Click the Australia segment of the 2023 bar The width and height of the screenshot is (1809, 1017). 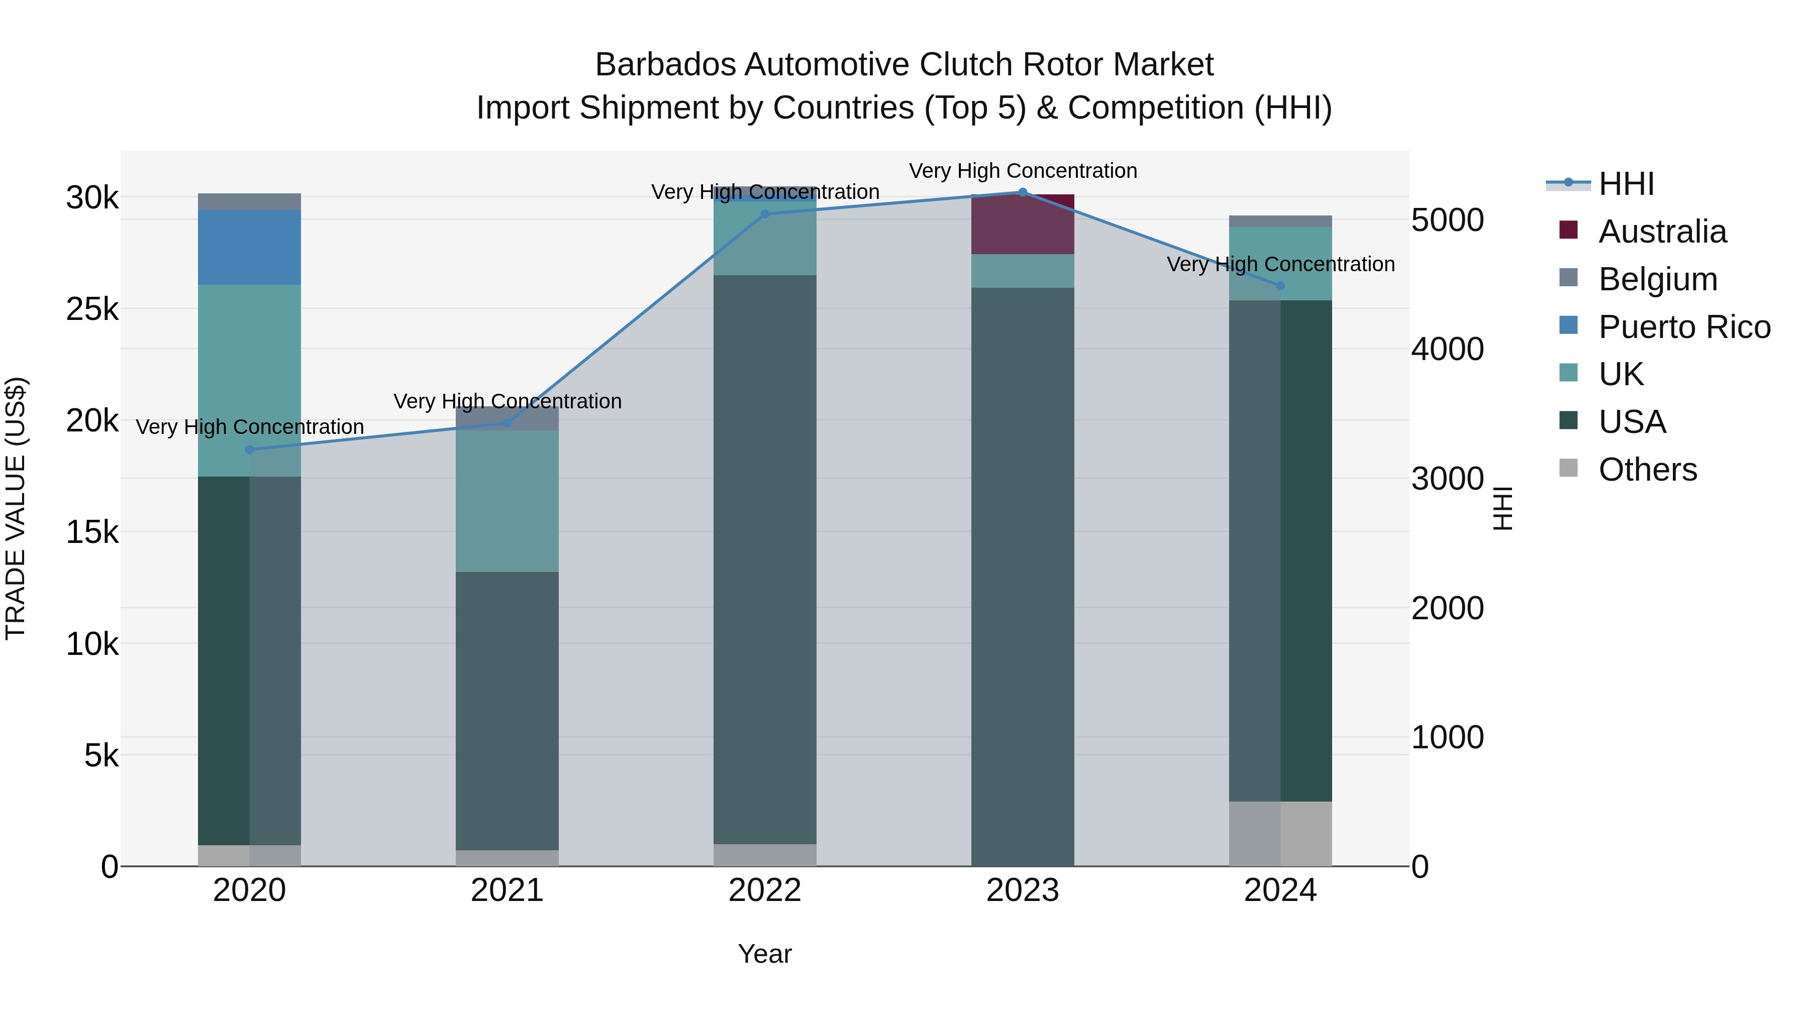click(1023, 224)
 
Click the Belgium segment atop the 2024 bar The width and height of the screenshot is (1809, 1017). click(1280, 221)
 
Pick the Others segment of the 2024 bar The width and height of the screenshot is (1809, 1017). click(1280, 833)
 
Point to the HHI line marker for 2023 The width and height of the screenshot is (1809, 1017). click(1023, 192)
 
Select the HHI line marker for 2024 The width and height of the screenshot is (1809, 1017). click(1280, 286)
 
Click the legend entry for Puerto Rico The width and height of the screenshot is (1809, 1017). click(1684, 327)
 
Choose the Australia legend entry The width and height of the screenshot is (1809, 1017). click(1662, 232)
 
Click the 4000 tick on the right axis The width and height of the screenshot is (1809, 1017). click(1448, 349)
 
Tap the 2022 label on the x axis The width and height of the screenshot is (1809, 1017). click(765, 890)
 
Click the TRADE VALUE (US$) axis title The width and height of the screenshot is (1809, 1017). click(16, 508)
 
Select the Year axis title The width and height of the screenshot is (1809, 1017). click(765, 954)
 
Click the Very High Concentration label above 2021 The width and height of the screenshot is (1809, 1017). click(507, 401)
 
